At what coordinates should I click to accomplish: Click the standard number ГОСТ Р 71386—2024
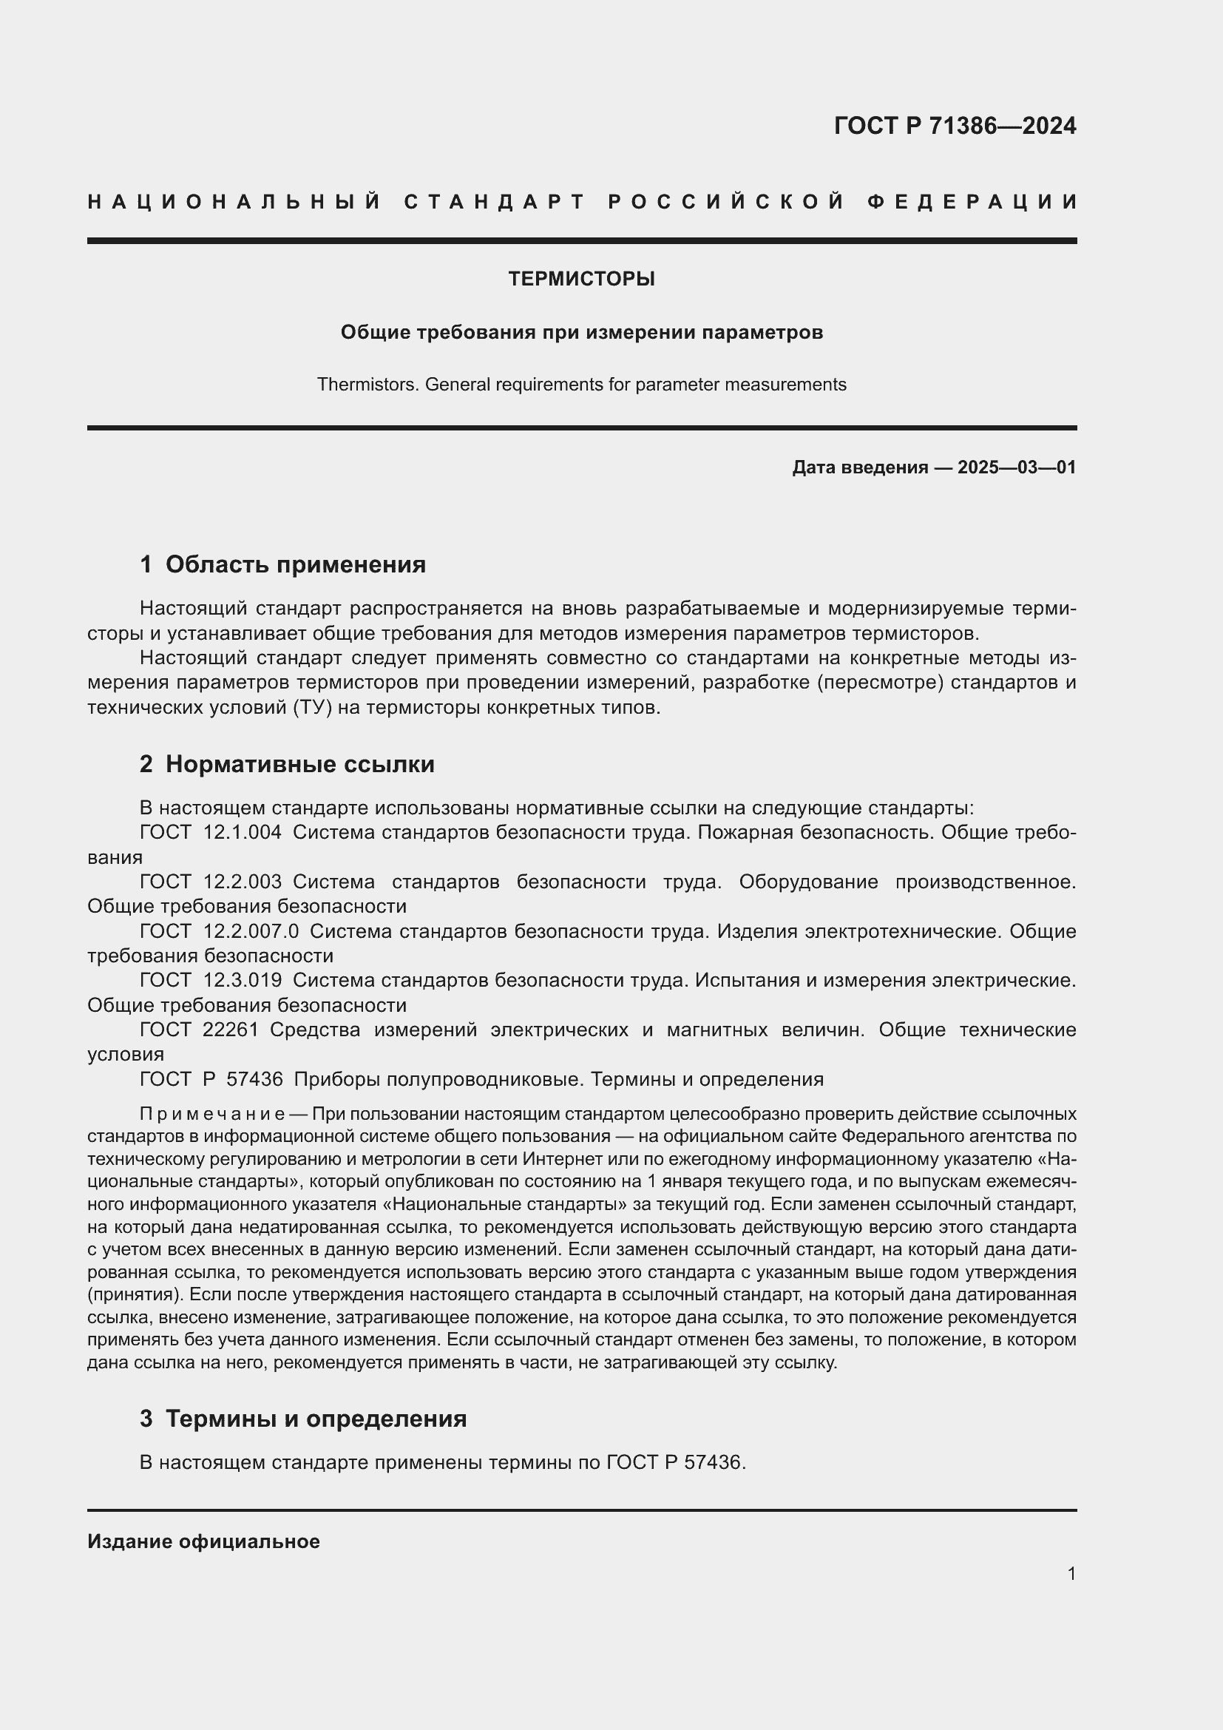pyautogui.click(x=954, y=126)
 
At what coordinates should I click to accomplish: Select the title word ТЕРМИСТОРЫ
pyautogui.click(x=581, y=279)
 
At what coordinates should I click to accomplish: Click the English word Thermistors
pyautogui.click(x=368, y=385)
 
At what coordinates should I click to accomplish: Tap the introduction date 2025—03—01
pyautogui.click(x=1017, y=467)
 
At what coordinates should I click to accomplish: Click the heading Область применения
pyautogui.click(x=295, y=564)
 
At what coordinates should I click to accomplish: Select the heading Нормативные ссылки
pyautogui.click(x=299, y=764)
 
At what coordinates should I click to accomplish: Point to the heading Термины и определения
pyautogui.click(x=316, y=1419)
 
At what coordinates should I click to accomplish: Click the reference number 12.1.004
pyautogui.click(x=243, y=833)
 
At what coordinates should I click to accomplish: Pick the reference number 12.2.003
pyautogui.click(x=243, y=882)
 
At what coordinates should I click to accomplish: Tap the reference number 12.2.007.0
pyautogui.click(x=251, y=931)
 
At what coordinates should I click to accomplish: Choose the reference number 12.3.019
pyautogui.click(x=243, y=980)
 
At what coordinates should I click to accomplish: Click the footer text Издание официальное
pyautogui.click(x=203, y=1541)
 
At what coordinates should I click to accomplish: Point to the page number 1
pyautogui.click(x=1071, y=1573)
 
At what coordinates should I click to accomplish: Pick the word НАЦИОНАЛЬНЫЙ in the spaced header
pyautogui.click(x=234, y=202)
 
